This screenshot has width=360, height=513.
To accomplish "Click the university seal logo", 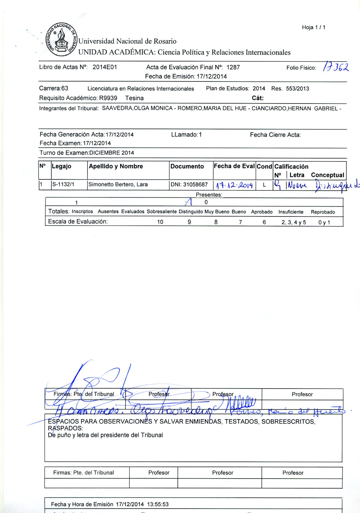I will click(61, 39).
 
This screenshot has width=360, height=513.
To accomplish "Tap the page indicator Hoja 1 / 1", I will click(313, 27).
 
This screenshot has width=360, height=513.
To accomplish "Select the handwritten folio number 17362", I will click(336, 67).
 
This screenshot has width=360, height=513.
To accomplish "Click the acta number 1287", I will click(233, 67).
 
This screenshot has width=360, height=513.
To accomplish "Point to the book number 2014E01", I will click(105, 67).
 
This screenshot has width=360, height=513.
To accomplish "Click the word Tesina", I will click(134, 98).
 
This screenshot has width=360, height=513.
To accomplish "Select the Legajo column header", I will click(62, 166).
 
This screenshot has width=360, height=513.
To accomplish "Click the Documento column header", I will click(187, 166).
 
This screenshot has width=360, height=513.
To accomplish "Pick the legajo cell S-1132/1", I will click(63, 184).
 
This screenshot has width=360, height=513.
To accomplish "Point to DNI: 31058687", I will click(189, 184).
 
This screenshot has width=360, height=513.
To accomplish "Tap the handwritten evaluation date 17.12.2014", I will click(234, 185).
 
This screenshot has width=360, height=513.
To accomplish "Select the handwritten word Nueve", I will click(297, 185).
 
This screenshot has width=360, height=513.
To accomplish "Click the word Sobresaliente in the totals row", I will click(162, 211).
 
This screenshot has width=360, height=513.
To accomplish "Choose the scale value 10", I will click(160, 222).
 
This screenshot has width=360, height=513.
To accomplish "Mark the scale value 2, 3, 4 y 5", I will click(293, 222).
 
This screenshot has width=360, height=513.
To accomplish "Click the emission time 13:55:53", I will click(158, 504).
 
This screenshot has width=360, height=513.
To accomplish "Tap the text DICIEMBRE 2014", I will click(112, 153).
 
